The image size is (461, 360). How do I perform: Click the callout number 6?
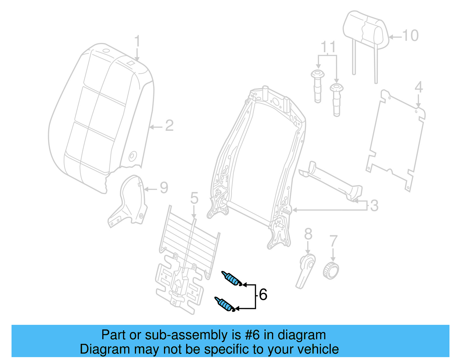pos(263,295)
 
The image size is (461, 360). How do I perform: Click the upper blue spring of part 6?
pos(232,279)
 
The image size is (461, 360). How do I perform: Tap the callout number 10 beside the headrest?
pos(410,36)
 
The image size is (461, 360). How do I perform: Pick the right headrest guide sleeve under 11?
pos(337,99)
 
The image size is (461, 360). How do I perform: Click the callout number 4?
pos(418,87)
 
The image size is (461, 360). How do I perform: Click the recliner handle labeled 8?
pos(306,269)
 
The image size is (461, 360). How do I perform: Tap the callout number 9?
pos(164,188)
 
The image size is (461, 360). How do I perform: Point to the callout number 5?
pos(194,199)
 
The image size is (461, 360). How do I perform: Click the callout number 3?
pos(374,206)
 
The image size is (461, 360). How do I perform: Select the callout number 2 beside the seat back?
pos(169,126)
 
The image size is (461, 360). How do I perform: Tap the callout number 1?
pos(137,42)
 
